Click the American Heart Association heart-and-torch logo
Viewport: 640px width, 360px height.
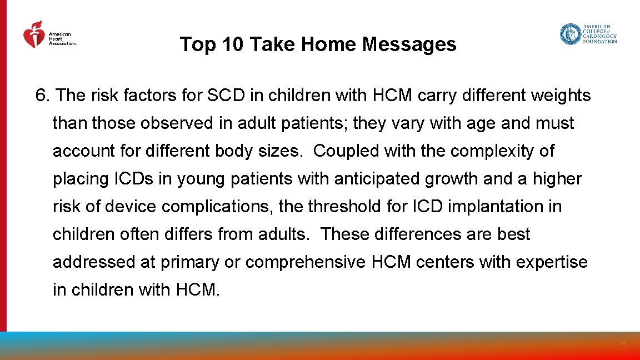pos(34,34)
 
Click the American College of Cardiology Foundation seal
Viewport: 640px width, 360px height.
pos(570,34)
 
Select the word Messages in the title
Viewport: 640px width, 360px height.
pos(409,44)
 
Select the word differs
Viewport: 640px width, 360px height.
pos(184,234)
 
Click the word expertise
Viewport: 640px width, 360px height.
pos(552,262)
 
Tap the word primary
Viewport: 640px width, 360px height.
pos(189,262)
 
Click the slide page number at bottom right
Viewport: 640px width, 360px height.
pos(623,344)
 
